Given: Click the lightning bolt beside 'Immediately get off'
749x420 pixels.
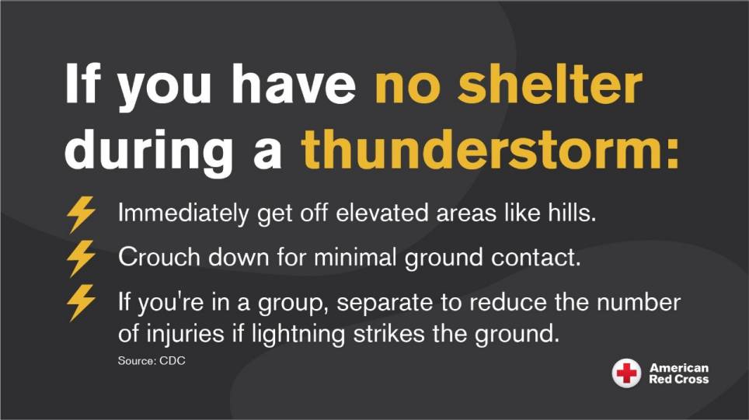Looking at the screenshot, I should pyautogui.click(x=81, y=214).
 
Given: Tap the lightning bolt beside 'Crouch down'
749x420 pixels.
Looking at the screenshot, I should pyautogui.click(x=81, y=258).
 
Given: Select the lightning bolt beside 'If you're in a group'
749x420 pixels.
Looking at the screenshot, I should pyautogui.click(x=81, y=302).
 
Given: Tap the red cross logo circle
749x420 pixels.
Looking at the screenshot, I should pyautogui.click(x=626, y=373).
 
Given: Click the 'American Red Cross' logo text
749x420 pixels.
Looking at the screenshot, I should pyautogui.click(x=679, y=373).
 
